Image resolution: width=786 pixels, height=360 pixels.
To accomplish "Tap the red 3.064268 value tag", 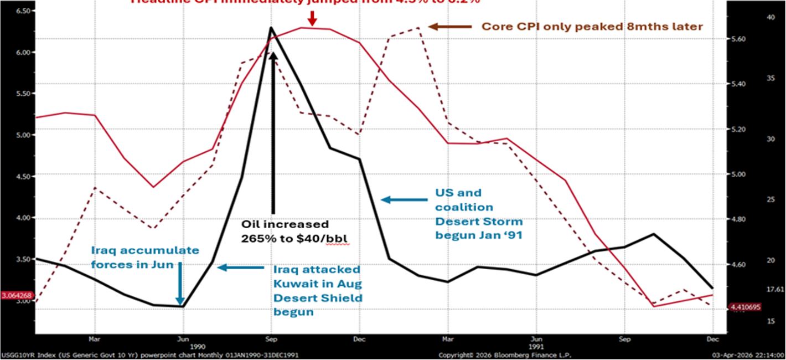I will tap(17, 296).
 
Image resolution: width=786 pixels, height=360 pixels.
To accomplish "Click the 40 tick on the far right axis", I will tap(771, 18).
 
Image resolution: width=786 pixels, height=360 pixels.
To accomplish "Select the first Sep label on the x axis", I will tap(271, 337).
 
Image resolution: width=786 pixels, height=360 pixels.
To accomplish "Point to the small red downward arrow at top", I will tap(313, 18).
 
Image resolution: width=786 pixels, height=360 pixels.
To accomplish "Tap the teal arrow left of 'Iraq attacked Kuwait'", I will tap(240, 268).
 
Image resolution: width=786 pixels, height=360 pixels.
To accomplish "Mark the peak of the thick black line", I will tap(271, 27).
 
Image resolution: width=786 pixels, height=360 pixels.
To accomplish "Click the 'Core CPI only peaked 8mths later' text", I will tap(592, 26).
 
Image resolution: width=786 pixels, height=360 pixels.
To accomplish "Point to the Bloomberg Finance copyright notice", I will tap(504, 355).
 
